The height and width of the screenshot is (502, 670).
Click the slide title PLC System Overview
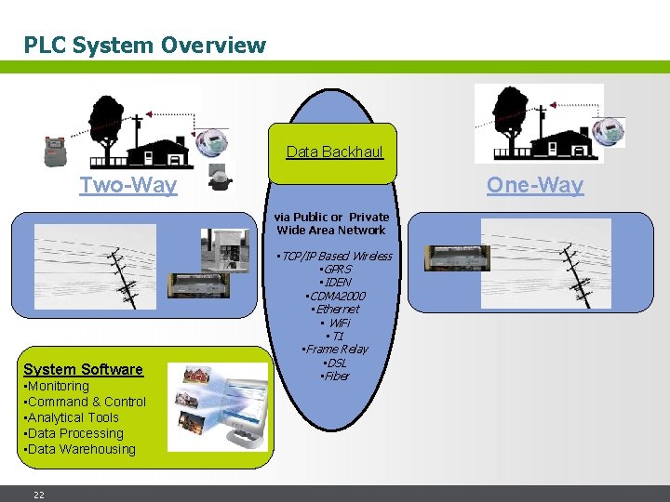144,45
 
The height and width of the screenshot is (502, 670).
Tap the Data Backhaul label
334,152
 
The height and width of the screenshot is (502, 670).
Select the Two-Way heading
127,185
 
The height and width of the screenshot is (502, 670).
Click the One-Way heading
535,185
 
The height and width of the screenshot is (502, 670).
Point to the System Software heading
83,369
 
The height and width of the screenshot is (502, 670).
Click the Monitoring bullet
57,386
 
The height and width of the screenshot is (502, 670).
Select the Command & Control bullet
85,402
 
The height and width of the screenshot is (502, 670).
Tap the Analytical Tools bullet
72,417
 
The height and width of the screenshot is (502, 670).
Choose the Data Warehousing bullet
80,449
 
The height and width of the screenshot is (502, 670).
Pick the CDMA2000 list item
335,296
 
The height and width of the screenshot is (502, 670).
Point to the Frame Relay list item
335,349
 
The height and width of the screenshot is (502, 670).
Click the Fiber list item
335,376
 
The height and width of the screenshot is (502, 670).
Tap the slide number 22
39,495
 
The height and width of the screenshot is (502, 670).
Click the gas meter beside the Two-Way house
56,149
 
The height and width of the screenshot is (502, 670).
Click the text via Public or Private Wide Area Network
331,223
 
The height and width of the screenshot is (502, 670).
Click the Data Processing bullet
74,433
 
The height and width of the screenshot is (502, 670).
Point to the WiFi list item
335,322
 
